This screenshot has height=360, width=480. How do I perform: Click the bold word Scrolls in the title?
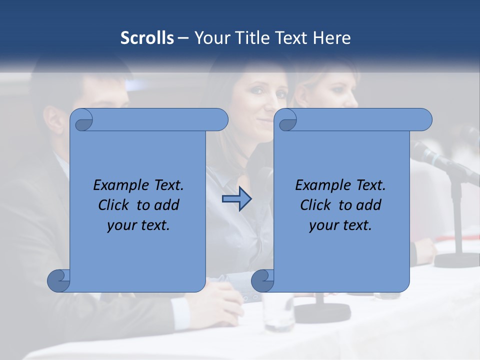(x=147, y=38)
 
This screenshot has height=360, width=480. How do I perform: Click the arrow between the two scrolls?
(x=236, y=199)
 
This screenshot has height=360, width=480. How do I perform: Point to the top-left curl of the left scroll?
(x=81, y=120)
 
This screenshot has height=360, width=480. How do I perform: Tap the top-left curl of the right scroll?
(x=286, y=120)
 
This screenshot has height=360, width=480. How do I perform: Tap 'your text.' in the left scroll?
(x=138, y=225)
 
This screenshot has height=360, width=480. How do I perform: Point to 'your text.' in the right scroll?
(x=340, y=225)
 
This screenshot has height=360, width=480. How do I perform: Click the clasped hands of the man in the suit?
(x=225, y=300)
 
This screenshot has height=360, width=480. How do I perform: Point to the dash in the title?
(x=182, y=38)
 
